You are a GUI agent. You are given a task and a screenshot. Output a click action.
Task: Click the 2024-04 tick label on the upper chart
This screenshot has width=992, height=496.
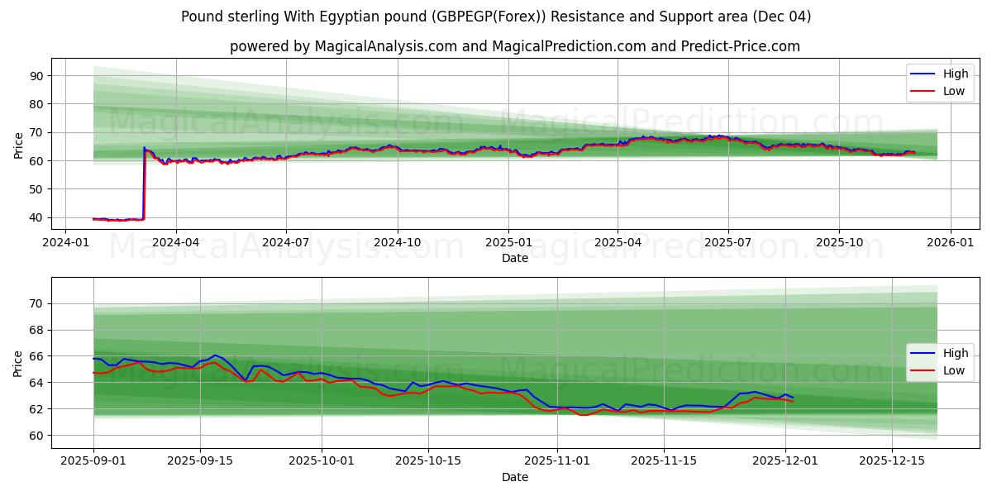click(x=176, y=244)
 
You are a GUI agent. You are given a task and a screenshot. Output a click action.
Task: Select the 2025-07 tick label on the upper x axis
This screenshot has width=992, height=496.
click(x=728, y=244)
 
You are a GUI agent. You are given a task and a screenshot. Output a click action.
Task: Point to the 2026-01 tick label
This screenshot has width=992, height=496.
click(x=950, y=244)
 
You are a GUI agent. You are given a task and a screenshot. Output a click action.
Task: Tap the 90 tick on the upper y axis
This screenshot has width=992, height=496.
click(x=36, y=76)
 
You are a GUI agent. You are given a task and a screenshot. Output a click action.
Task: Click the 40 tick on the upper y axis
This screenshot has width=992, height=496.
click(x=36, y=218)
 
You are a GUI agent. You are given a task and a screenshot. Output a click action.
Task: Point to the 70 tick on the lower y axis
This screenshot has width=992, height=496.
click(x=36, y=303)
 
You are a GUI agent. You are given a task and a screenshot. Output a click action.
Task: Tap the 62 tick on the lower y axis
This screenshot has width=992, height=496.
click(x=36, y=409)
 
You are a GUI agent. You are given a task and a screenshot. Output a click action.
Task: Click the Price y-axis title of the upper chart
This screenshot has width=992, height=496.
click(x=18, y=145)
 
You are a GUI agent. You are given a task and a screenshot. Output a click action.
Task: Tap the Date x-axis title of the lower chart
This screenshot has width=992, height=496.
click(x=514, y=477)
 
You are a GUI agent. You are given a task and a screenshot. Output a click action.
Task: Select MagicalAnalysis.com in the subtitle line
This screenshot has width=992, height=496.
click(x=385, y=46)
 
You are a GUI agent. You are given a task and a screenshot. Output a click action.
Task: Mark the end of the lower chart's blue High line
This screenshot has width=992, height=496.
click(x=793, y=398)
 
